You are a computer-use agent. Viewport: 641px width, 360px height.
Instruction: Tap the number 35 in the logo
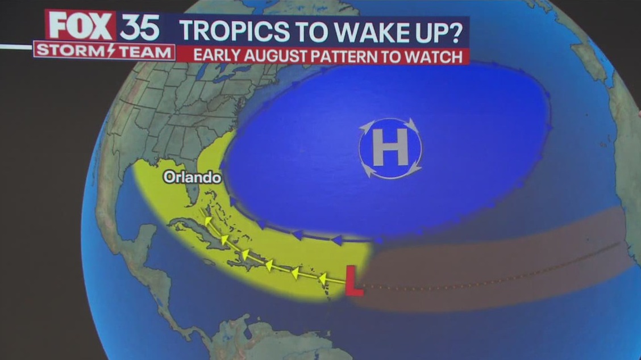point(139,26)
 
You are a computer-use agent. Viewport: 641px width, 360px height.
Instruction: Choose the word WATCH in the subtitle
point(437,56)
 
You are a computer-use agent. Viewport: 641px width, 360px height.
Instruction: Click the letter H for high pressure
point(390,148)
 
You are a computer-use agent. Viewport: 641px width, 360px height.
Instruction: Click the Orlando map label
point(192,178)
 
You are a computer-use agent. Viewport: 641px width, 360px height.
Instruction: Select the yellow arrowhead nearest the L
point(323,278)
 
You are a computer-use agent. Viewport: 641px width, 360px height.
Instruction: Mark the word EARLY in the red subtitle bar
point(213,56)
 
